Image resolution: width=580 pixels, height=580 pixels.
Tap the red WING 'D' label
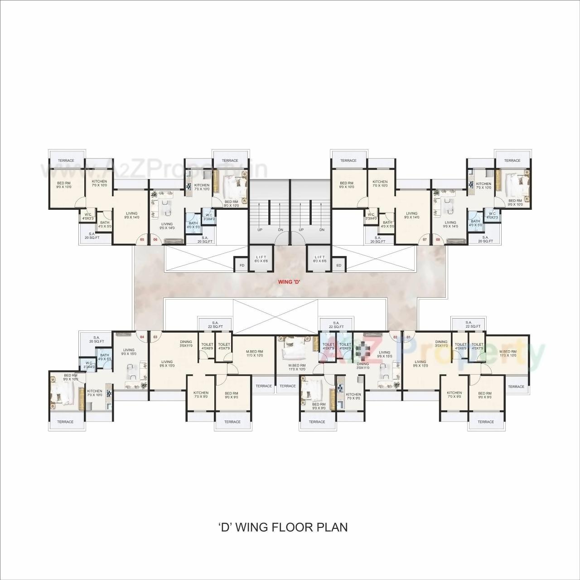[290, 282]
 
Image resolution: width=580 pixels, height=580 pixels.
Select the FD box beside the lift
[242, 265]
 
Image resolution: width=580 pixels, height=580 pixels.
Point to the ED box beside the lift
[338, 265]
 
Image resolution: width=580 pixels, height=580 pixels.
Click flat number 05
[142, 239]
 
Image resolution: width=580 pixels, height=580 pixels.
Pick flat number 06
[155, 239]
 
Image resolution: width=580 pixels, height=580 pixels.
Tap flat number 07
[425, 239]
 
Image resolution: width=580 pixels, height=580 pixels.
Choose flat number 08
[438, 239]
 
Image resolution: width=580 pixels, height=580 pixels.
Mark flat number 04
[142, 337]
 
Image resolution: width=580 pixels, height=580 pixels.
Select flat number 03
[155, 337]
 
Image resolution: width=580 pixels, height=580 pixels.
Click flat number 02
[395, 337]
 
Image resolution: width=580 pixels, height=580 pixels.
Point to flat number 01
[408, 337]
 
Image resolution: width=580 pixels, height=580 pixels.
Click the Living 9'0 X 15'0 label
[129, 352]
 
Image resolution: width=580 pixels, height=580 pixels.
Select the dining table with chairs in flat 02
[362, 350]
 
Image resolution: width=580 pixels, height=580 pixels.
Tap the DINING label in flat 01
[441, 342]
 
